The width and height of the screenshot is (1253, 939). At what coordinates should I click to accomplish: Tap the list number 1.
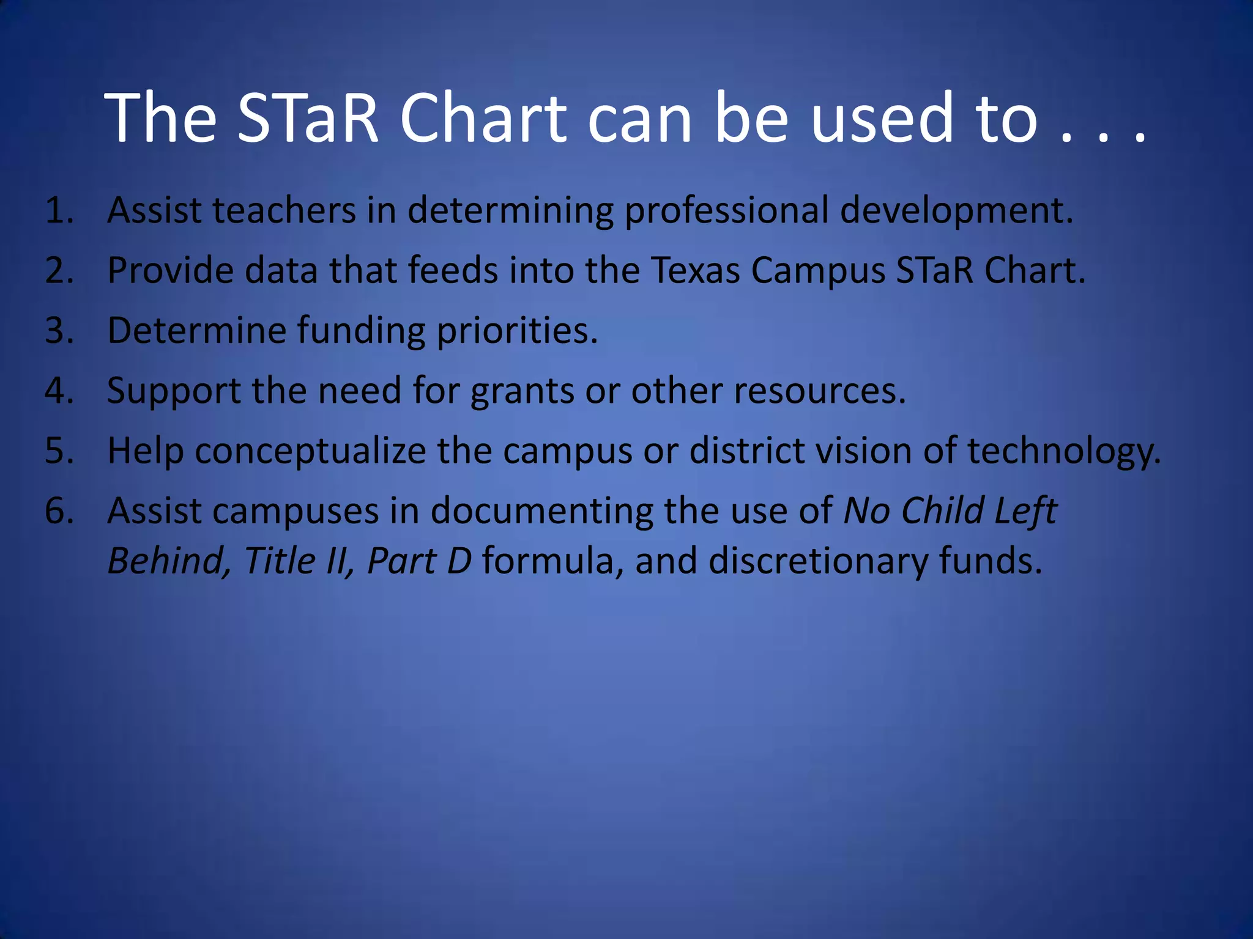(59, 211)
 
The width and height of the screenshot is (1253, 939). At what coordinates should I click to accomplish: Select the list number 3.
(59, 331)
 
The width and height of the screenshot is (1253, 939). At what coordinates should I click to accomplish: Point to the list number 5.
(59, 451)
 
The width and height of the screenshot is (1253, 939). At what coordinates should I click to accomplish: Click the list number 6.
(59, 511)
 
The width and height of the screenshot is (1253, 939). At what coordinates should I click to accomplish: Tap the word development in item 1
(956, 212)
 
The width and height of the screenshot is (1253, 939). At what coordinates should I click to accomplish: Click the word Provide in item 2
(170, 270)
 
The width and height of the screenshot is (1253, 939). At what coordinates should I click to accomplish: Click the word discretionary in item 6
(818, 561)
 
